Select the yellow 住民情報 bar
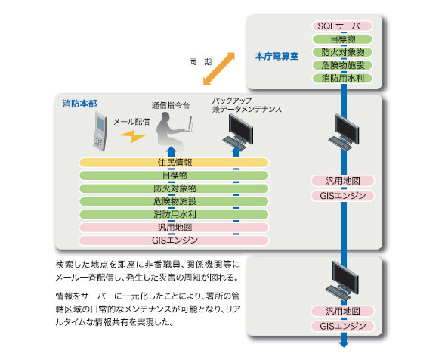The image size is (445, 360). [x=174, y=163]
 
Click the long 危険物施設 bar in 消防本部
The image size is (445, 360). [x=174, y=201]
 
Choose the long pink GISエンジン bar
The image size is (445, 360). [x=174, y=241]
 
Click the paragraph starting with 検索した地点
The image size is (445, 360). [x=147, y=271]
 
